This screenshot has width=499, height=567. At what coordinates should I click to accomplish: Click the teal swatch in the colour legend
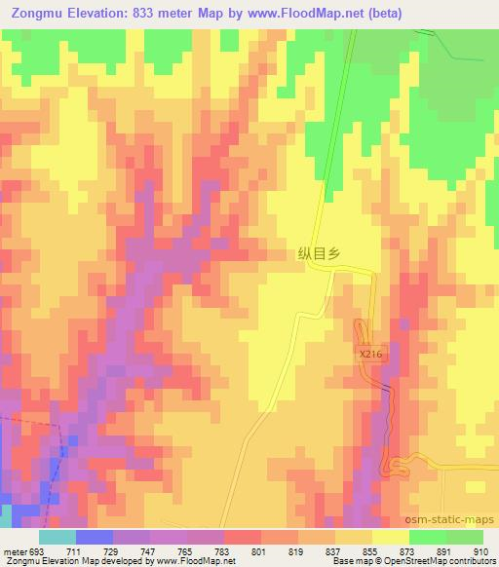coord(58,537)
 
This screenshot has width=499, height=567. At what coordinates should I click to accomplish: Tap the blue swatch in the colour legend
coord(95,537)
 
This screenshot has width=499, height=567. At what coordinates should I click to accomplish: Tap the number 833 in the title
coord(142,13)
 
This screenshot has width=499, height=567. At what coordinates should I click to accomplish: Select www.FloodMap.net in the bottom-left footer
coord(195,561)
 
